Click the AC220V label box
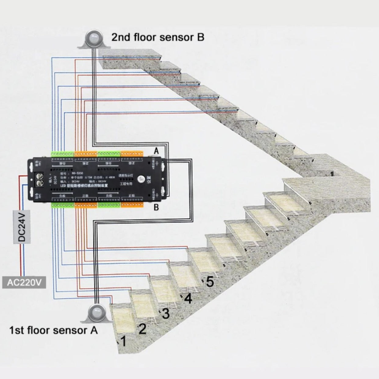(24, 282)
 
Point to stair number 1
(123, 341)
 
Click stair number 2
(142, 329)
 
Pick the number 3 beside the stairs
(166, 313)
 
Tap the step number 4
(188, 298)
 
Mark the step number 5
(210, 282)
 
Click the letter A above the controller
(156, 151)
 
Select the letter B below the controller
(156, 208)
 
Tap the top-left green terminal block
(63, 154)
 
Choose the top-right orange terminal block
(132, 154)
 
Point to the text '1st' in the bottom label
(17, 330)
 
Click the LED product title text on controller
(89, 185)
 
